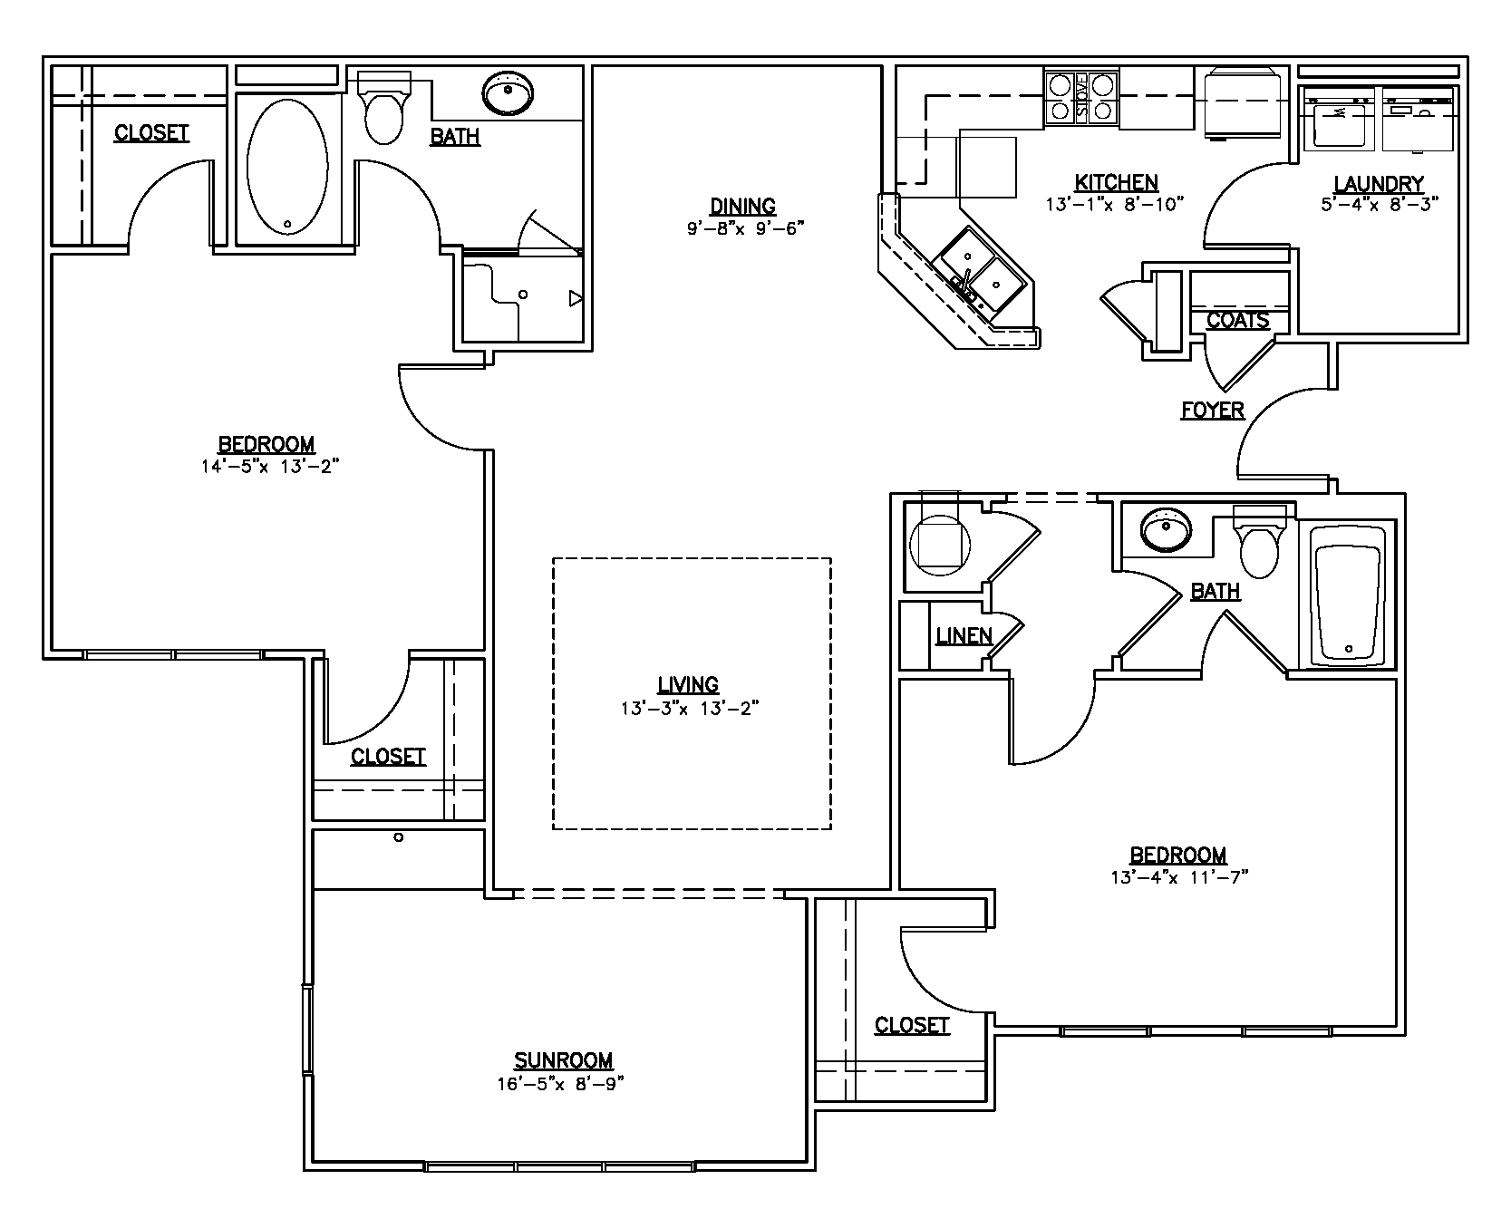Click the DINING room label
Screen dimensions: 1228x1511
point(742,207)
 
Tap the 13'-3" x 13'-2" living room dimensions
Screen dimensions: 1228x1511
point(689,708)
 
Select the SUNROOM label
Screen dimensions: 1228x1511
point(563,1060)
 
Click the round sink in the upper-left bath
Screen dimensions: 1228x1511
point(508,93)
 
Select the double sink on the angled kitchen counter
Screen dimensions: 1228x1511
point(982,273)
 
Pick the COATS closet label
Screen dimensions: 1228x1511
point(1237,320)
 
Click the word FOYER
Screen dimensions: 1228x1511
point(1212,411)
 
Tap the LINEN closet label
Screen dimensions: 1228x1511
point(964,636)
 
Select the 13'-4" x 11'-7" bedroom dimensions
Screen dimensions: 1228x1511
point(1178,877)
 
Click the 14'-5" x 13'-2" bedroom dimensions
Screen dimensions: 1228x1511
point(271,467)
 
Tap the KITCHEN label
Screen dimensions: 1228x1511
point(1116,182)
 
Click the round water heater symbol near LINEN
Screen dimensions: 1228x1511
point(938,541)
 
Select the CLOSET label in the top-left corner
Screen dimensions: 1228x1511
point(151,133)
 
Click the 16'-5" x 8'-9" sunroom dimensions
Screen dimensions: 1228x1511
point(561,1083)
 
